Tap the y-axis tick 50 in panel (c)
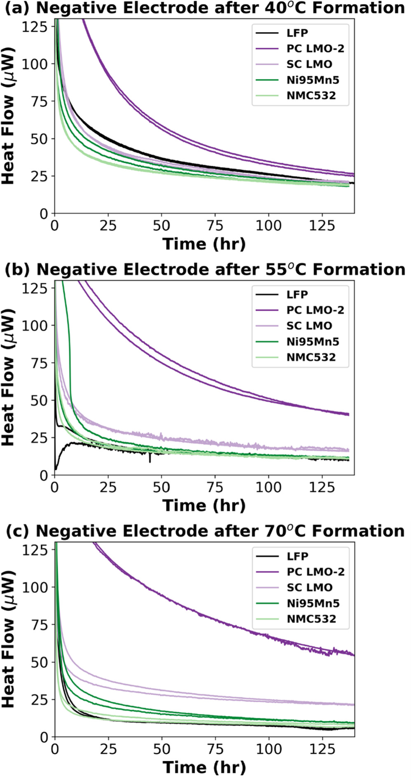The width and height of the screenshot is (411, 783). (x=40, y=662)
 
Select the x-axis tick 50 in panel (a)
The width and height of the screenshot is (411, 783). (x=161, y=225)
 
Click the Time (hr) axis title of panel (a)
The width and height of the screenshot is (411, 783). (x=204, y=244)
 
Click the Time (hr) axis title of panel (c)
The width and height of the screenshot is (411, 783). (x=204, y=767)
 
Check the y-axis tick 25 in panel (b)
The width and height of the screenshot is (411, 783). (x=40, y=437)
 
